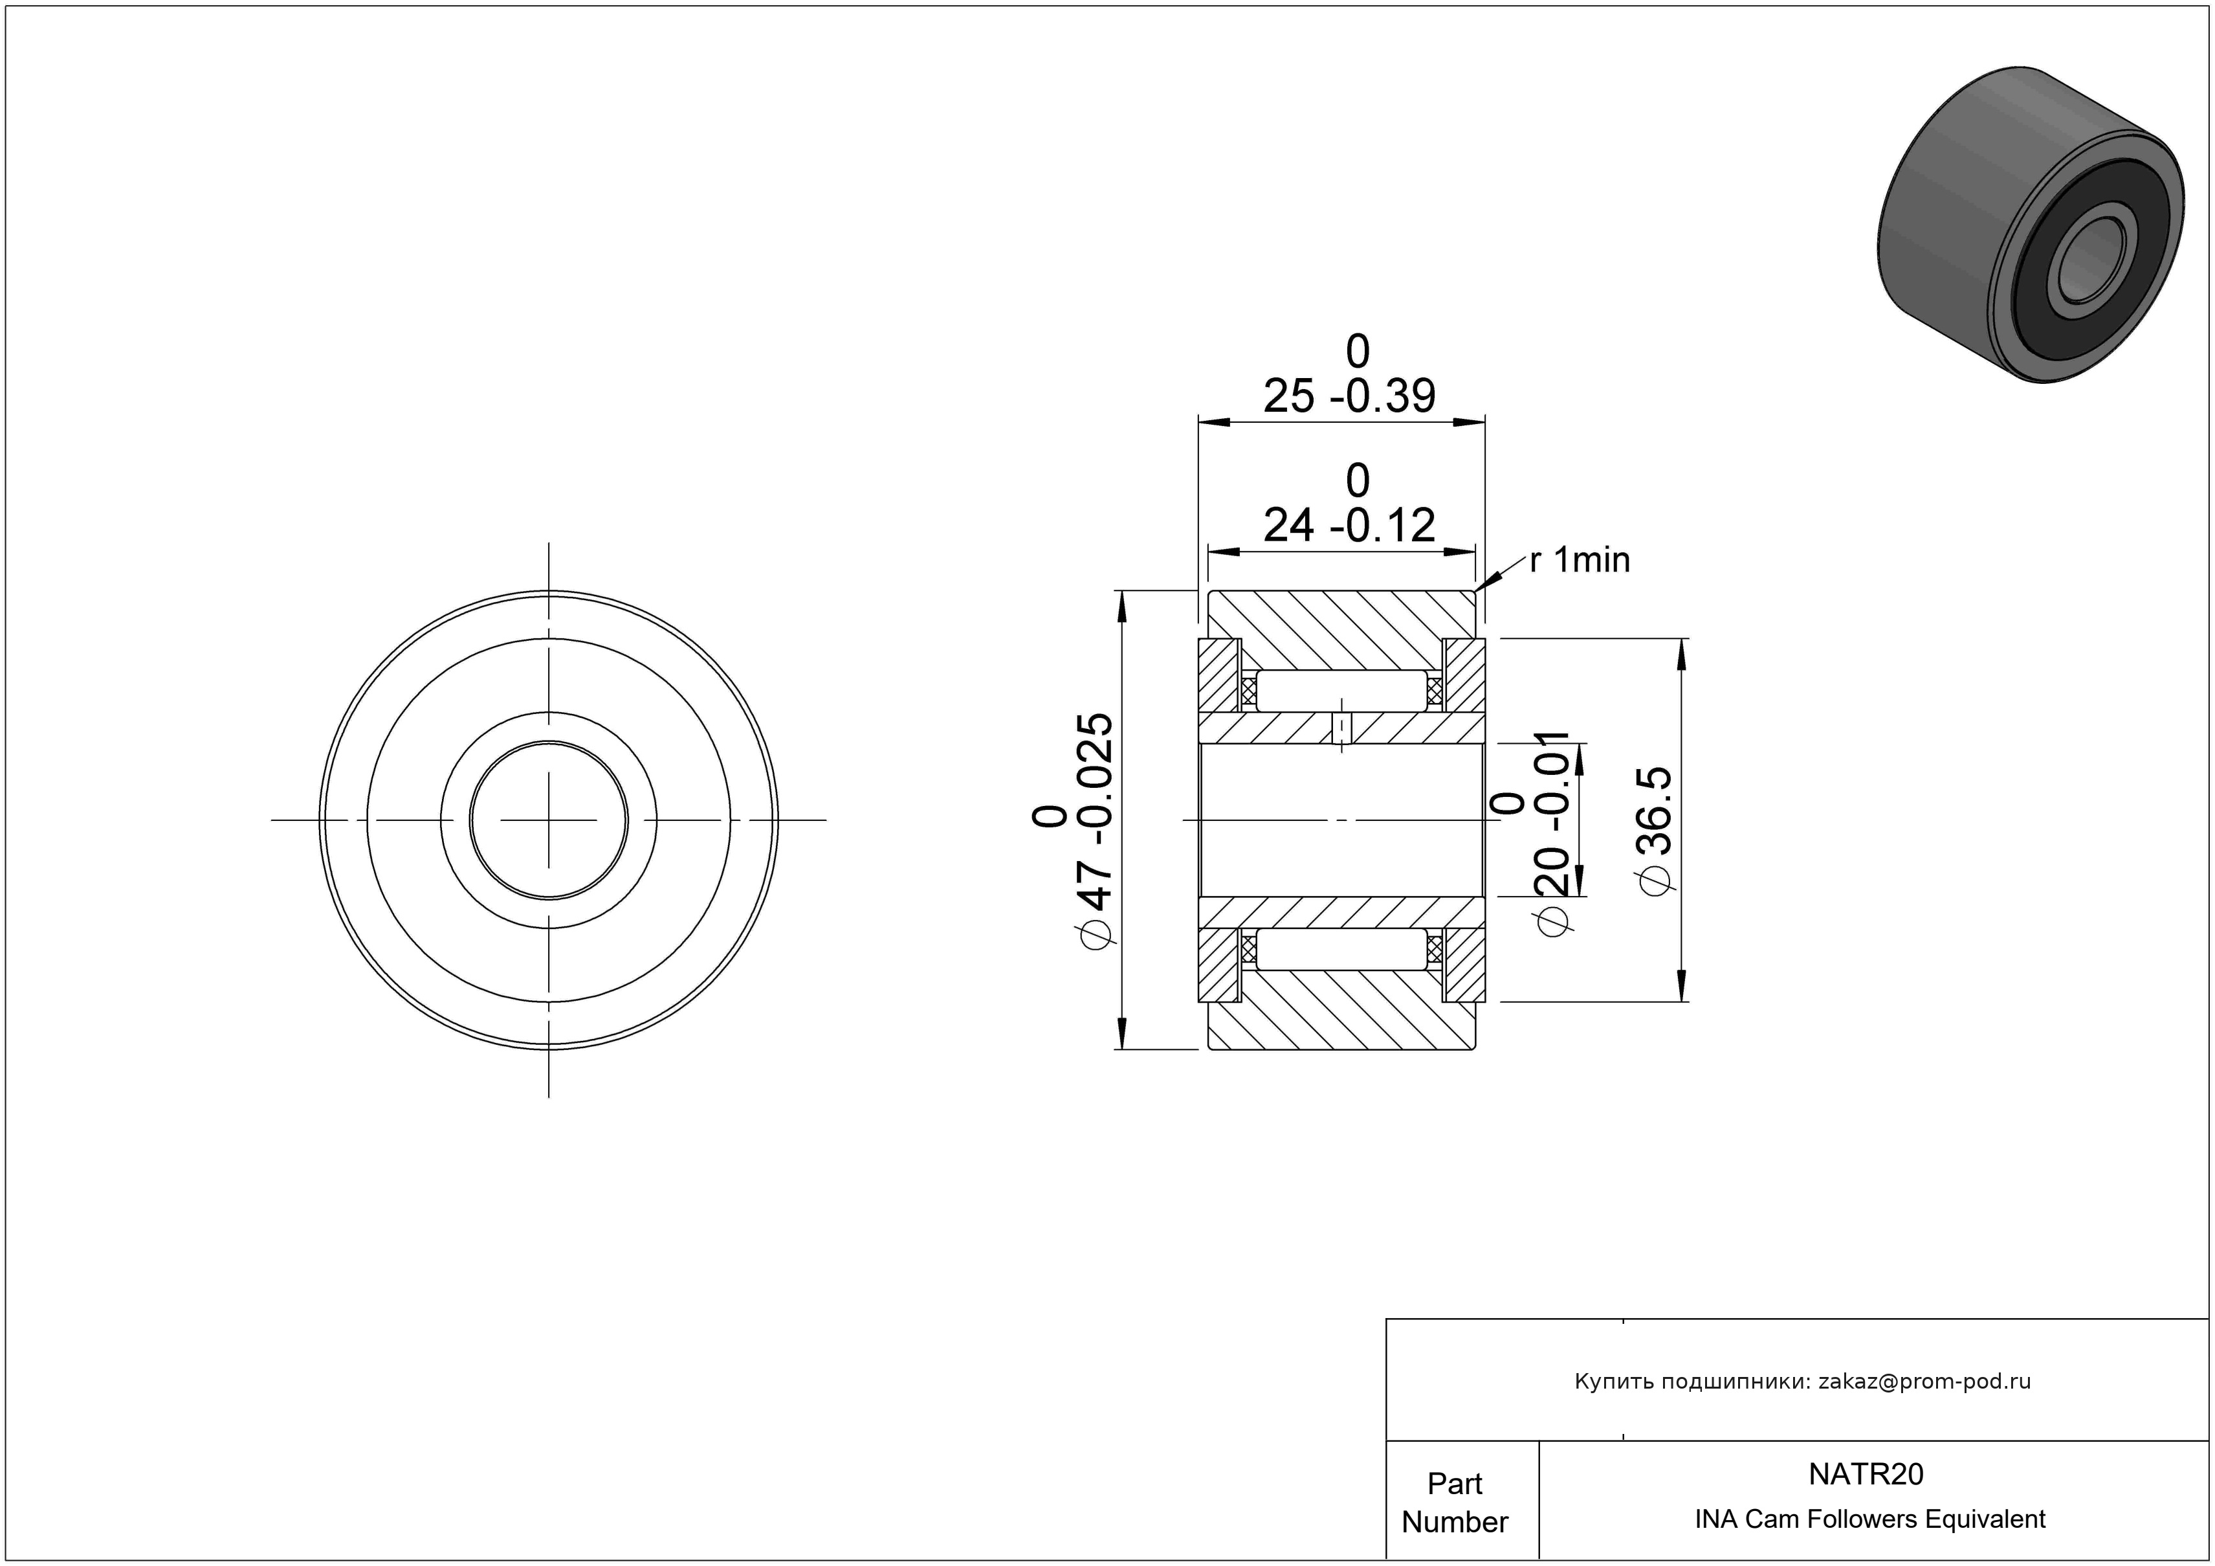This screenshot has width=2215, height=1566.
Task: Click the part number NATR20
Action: click(1866, 1473)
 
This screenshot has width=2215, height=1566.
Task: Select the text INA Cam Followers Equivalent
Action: click(1869, 1519)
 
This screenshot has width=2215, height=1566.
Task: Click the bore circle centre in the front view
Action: click(549, 820)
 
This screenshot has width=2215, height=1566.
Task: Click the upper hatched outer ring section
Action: click(1342, 630)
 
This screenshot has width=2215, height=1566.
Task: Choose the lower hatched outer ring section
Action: click(1342, 1011)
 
